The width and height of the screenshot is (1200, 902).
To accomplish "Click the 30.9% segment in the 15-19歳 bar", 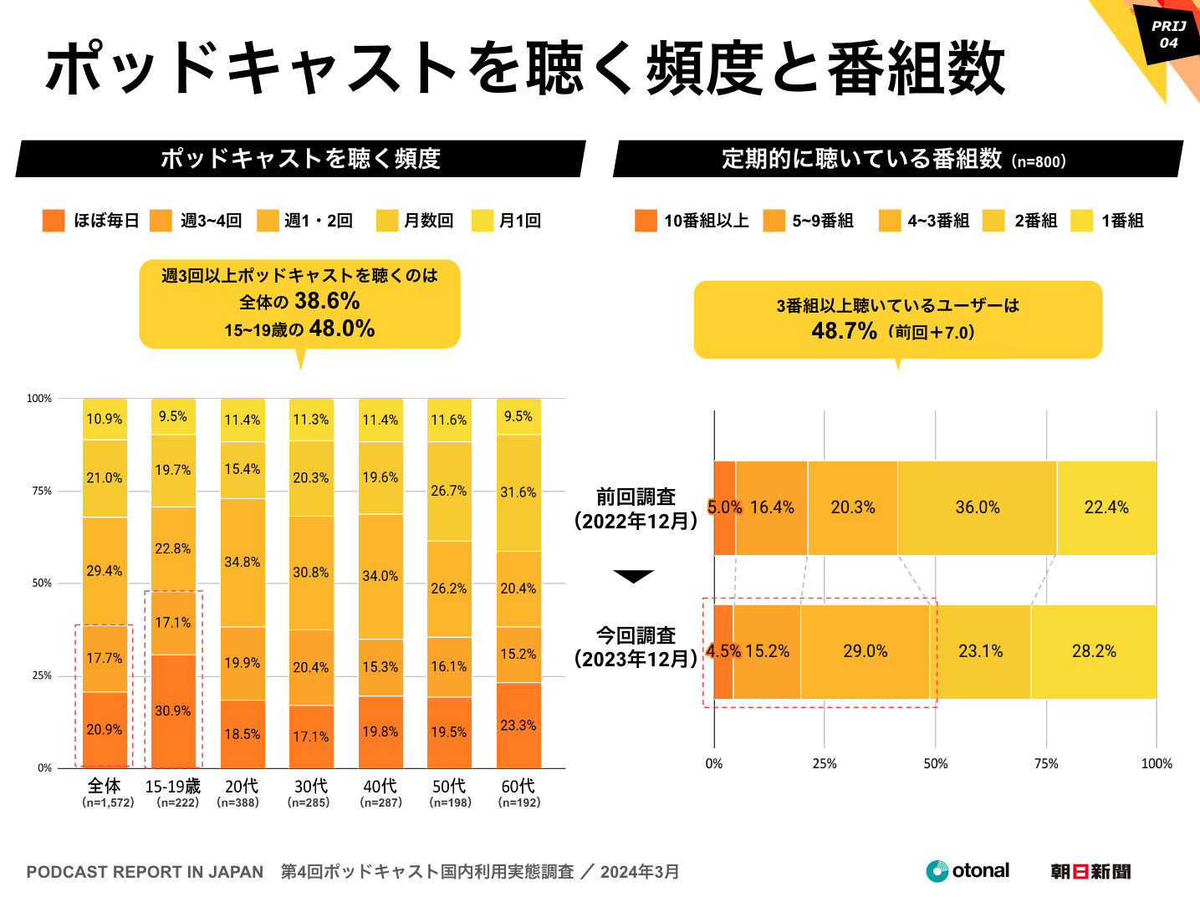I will click(173, 711).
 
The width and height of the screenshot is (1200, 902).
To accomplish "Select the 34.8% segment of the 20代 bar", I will click(243, 562).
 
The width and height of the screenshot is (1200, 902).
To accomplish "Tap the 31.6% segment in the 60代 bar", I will click(518, 492).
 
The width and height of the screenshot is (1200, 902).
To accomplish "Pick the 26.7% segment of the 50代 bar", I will click(449, 491).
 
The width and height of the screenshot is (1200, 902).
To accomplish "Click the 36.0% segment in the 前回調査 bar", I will click(978, 507).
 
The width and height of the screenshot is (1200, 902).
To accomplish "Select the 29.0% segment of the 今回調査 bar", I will click(866, 651).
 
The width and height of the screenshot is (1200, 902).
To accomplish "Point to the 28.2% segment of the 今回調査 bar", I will click(1094, 651).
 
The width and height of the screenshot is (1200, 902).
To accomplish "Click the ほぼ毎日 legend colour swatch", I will click(54, 221).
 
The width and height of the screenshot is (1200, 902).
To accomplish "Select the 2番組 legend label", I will click(1035, 221).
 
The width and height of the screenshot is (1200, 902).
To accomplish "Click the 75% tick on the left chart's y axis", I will click(42, 491).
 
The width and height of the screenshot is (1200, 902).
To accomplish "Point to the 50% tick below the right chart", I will click(935, 763).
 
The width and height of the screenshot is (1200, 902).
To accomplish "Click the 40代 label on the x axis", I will click(380, 786).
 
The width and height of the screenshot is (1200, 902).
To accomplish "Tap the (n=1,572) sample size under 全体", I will click(108, 803).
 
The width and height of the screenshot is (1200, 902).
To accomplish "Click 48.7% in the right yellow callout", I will click(844, 331).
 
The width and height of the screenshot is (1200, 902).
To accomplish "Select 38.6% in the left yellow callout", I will click(327, 301).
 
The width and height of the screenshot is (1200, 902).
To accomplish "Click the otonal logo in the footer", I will click(968, 871).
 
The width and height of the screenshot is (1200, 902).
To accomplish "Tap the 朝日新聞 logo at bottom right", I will click(1090, 872).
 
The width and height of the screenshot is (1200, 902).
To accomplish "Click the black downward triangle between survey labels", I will click(633, 576).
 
